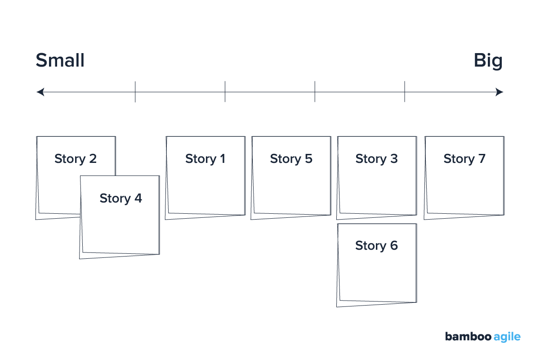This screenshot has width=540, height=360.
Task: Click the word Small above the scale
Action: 60,60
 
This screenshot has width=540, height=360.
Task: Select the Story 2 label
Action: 76,159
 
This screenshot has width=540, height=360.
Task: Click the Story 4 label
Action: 120,198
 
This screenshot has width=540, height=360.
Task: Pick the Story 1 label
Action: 205,159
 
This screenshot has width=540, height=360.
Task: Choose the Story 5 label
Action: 291,159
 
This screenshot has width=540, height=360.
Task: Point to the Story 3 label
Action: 376,159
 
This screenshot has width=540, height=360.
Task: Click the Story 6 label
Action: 376,246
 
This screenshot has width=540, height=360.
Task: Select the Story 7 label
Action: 464,159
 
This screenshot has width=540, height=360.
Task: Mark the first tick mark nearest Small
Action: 135,92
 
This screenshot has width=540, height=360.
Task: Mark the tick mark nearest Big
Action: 405,92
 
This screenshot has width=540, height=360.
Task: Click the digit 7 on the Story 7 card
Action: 482,159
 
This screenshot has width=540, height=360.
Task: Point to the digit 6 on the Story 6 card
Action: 394,246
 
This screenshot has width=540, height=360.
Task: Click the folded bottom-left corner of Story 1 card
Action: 168,216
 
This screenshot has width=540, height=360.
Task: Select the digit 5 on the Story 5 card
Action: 308,159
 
